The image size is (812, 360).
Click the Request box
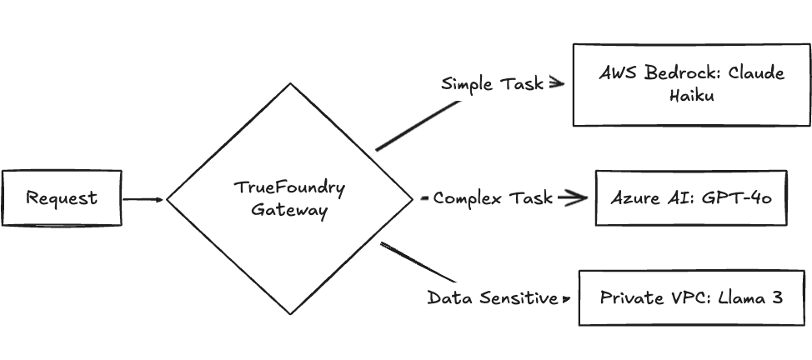(x=61, y=198)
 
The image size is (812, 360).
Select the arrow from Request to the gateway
(x=143, y=199)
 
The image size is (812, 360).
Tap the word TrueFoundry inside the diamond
(x=289, y=187)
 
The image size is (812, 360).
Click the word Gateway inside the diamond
(x=289, y=211)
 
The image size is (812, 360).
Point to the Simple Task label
(x=492, y=83)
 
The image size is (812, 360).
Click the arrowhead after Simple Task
(x=558, y=83)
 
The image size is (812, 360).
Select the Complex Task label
(x=492, y=198)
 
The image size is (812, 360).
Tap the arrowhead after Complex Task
(x=573, y=198)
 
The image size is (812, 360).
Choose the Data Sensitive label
(x=492, y=297)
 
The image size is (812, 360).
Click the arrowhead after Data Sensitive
(x=566, y=297)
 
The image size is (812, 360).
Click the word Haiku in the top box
(x=691, y=96)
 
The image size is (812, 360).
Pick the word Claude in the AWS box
(x=756, y=73)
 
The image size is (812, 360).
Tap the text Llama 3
(x=752, y=297)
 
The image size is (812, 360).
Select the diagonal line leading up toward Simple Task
(x=417, y=126)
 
